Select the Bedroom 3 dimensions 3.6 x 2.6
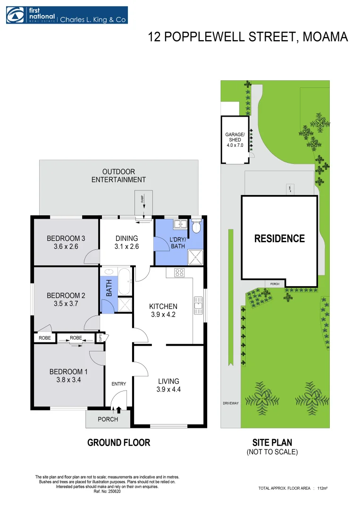(66, 246)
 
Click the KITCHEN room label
(163, 306)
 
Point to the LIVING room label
(168, 381)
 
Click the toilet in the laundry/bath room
(197, 227)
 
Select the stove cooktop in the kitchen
(179, 272)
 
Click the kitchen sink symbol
(199, 306)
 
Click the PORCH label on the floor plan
(108, 419)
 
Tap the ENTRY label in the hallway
(119, 384)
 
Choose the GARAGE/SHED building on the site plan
(234, 140)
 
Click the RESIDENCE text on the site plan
(279, 239)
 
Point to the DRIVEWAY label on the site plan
(231, 403)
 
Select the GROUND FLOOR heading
(119, 442)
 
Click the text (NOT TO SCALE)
(273, 452)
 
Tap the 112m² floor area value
(323, 488)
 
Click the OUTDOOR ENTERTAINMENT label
(118, 176)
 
